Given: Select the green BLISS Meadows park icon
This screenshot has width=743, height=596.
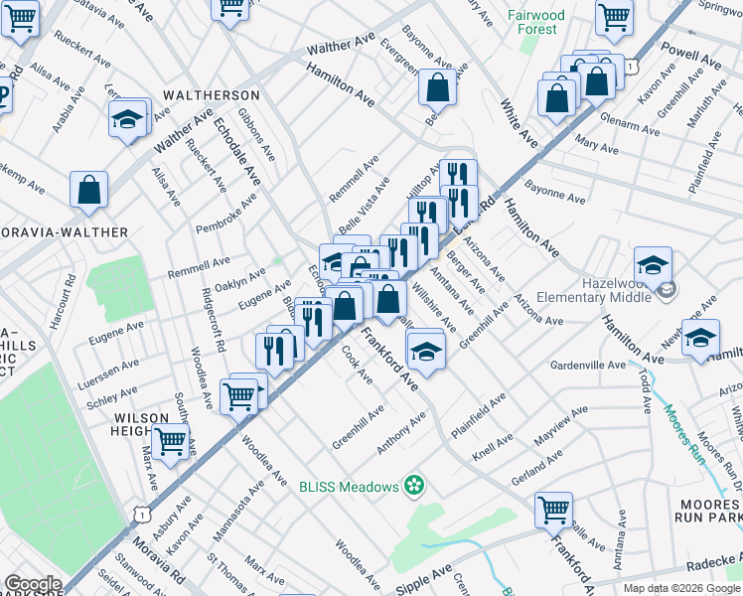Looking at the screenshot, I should pos(414,486).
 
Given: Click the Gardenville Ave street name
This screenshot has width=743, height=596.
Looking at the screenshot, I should pos(591,365).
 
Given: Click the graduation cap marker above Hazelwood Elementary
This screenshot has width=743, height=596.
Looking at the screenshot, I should pos(653,265).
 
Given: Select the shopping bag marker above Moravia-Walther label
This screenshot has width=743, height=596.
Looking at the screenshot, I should pos(89,190).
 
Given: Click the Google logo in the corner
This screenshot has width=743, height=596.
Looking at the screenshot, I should pos(32,584).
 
